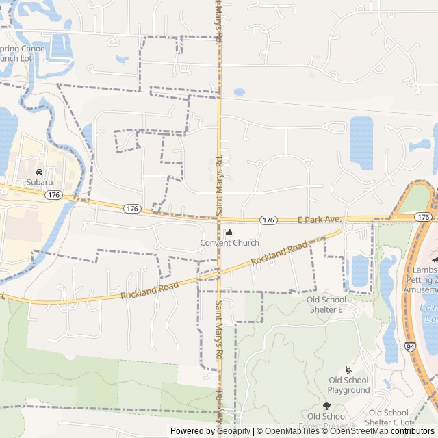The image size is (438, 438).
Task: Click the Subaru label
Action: (x=39, y=182)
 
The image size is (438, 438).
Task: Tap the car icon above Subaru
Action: (x=39, y=171)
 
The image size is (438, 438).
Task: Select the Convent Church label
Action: (x=229, y=243)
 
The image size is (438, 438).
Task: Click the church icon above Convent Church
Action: (x=229, y=232)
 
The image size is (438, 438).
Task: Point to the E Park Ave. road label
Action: (x=318, y=220)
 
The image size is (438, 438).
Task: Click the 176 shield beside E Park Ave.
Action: (x=269, y=220)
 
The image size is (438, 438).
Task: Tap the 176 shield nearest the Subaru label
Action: (x=53, y=195)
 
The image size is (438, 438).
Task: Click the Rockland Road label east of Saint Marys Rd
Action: (x=279, y=253)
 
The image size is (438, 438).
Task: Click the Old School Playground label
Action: (x=348, y=385)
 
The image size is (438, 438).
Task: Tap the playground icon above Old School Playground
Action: (x=348, y=370)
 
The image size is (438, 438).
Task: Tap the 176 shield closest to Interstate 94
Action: (x=424, y=217)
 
